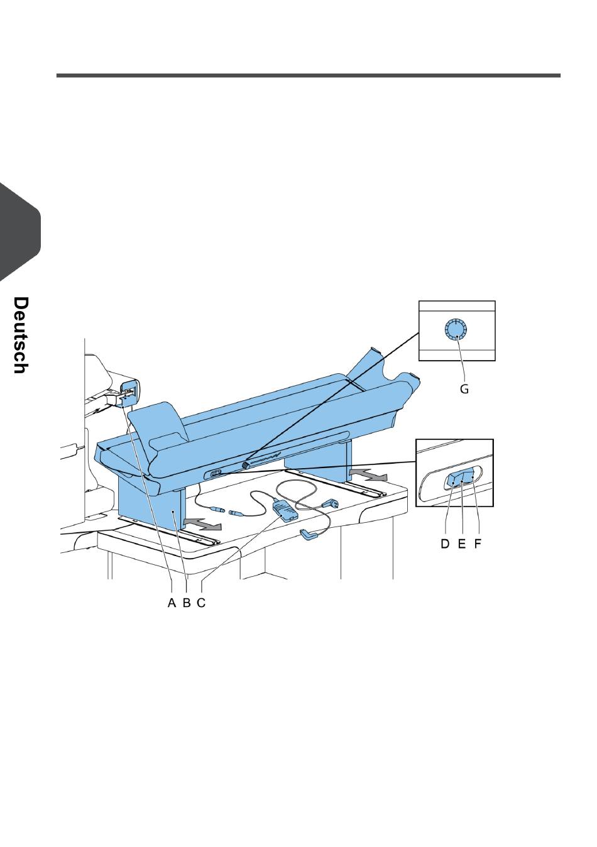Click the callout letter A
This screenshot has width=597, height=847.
click(x=172, y=603)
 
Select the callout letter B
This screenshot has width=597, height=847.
click(x=186, y=603)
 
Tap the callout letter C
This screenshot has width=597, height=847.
click(x=201, y=603)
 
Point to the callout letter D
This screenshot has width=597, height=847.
click(x=445, y=544)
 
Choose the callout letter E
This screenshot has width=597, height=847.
click(x=461, y=544)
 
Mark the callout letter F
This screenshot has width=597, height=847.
click(x=478, y=544)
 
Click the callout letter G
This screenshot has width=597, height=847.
click(x=464, y=389)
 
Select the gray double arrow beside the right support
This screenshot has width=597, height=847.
click(x=368, y=473)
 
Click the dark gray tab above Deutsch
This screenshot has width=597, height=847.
click(x=19, y=232)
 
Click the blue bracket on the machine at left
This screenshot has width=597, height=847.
click(x=128, y=392)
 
